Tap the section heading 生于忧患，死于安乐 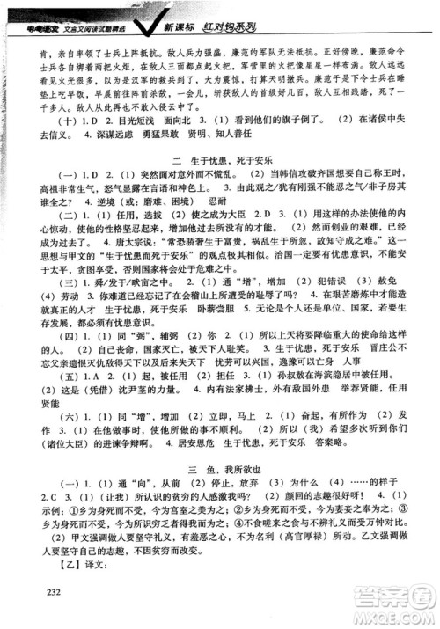click(x=221, y=159)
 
